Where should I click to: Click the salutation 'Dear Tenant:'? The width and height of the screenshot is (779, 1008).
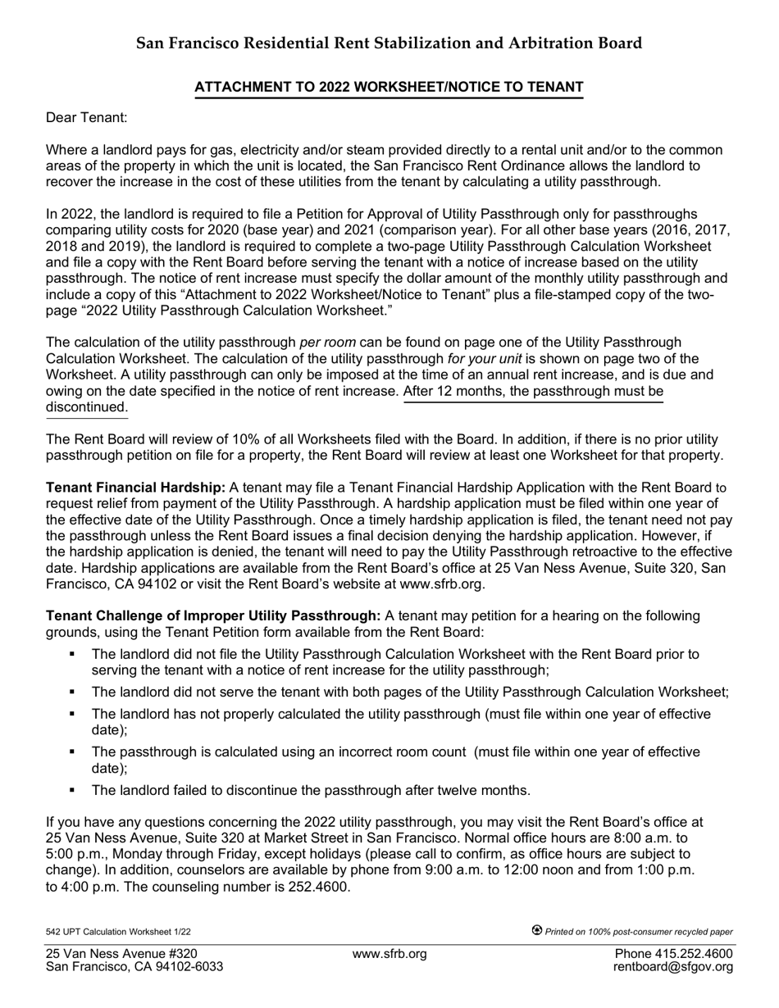click(x=86, y=118)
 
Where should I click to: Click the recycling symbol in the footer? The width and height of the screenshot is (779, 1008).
click(x=537, y=929)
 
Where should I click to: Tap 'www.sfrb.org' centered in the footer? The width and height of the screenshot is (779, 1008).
click(x=389, y=953)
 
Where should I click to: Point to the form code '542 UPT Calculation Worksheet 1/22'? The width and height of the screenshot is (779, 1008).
click(x=118, y=932)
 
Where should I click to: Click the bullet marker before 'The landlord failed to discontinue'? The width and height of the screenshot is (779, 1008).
click(x=73, y=790)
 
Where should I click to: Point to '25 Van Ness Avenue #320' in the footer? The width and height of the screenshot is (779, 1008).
click(x=121, y=953)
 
